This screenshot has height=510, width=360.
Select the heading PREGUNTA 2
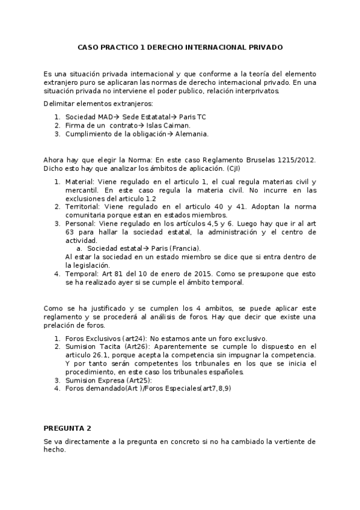pos(67,428)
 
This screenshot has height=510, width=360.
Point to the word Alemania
pos(192,134)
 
